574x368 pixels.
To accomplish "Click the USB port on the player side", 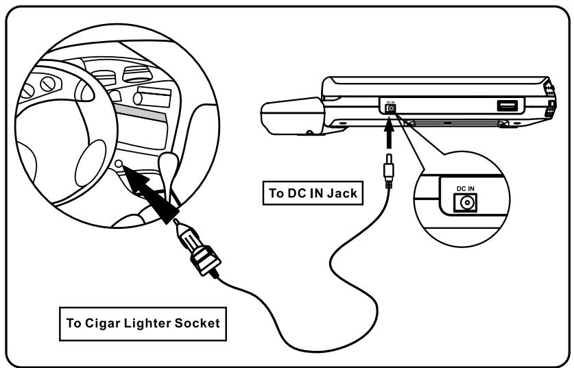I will pyautogui.click(x=507, y=106).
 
